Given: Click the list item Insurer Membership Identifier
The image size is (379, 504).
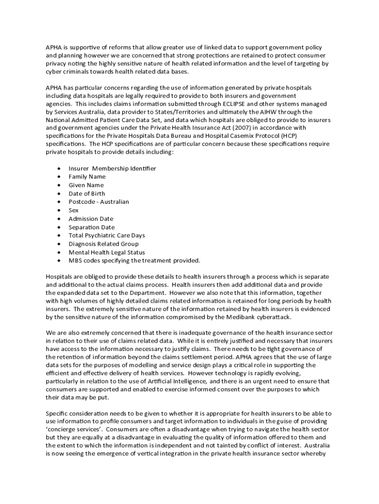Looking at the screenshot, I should (112, 168).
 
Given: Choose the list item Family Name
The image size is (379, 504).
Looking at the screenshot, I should (87, 177).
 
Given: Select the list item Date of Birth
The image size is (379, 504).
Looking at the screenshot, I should (87, 193).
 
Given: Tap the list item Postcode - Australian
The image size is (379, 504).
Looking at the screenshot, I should (98, 202).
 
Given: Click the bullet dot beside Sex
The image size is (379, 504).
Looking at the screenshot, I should (59, 211).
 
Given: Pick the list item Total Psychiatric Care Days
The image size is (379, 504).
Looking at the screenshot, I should (107, 236).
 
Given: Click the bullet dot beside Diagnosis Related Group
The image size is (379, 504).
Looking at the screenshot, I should (59, 244).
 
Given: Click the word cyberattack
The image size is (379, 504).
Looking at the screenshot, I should (274, 317).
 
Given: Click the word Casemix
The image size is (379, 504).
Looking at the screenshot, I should (243, 135).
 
